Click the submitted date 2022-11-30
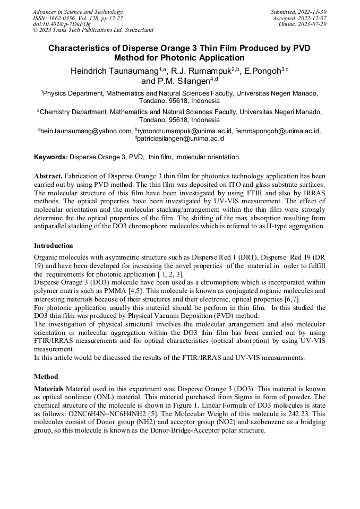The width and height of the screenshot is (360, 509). [312, 12]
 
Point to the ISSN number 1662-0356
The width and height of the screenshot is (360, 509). [67, 18]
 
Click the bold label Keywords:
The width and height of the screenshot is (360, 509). [51, 157]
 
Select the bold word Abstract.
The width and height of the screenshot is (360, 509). [48, 176]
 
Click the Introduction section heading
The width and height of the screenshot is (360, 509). [54, 246]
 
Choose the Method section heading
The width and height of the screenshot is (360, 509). [46, 376]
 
